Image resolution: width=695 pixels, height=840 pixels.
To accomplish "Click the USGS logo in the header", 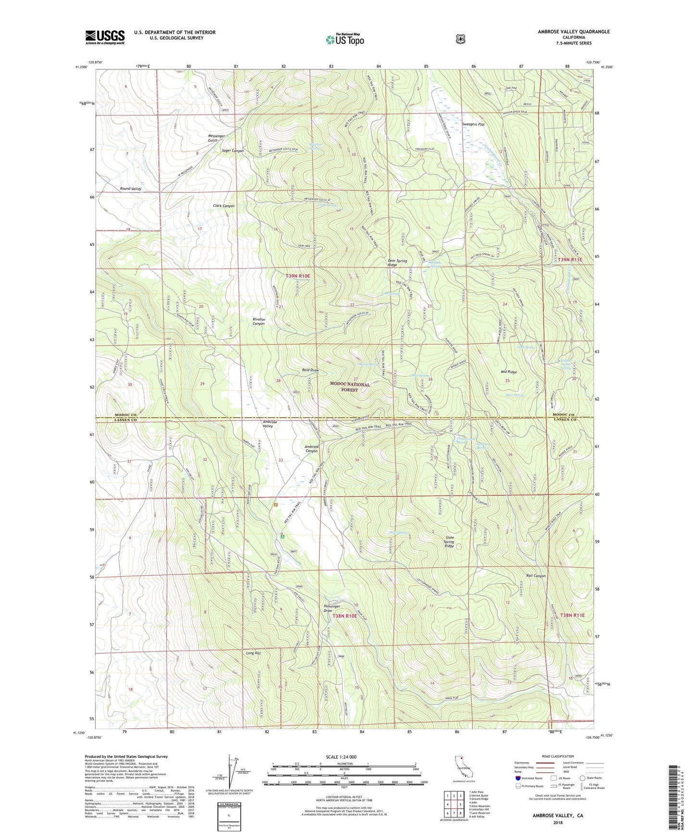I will tap(105, 37).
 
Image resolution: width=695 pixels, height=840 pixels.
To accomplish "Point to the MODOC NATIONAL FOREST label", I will tap(350, 387).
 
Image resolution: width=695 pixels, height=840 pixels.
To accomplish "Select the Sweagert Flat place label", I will tap(473, 125).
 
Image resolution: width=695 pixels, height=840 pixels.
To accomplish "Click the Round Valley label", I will tap(130, 189).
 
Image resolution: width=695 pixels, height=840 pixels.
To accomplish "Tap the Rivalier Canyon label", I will tap(259, 321).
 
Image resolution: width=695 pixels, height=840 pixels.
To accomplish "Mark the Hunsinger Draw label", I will tap(331, 609).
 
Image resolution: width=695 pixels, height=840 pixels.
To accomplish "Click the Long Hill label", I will tap(253, 653).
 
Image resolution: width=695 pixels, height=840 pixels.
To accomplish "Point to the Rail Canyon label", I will tap(536, 576).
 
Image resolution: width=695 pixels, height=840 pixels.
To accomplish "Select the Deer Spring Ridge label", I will tap(397, 263).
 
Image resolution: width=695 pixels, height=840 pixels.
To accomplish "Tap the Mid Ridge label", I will tap(508, 372).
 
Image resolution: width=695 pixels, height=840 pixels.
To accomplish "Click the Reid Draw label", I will tap(310, 370).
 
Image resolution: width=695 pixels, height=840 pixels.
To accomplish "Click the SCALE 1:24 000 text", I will tap(344, 757).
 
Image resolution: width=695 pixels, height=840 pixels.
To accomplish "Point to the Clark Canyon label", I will tap(224, 206).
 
